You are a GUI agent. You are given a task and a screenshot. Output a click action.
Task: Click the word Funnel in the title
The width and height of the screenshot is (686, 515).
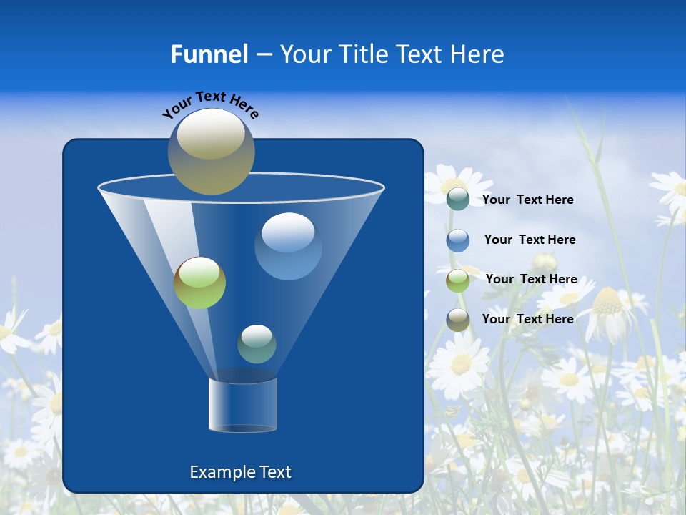209,54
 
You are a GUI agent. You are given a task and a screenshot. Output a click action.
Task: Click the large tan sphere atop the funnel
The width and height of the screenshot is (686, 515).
211,151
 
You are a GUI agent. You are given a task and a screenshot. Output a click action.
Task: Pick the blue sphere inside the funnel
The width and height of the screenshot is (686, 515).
288,245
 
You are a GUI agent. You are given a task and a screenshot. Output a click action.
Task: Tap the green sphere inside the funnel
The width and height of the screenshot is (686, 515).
199,283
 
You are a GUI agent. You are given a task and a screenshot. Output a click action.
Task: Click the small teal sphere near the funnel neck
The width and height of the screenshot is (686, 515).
257,343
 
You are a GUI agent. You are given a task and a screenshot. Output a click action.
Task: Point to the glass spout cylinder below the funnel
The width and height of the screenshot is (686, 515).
242,405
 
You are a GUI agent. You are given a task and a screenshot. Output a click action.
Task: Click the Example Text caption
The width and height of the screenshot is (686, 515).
240,472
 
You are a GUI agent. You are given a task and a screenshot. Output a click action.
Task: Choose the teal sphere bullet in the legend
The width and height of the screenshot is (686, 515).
458,199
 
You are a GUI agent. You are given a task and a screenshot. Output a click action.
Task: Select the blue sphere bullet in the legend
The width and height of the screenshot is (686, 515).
458,240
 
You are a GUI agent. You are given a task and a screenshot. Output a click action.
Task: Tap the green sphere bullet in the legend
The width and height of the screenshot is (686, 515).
458,280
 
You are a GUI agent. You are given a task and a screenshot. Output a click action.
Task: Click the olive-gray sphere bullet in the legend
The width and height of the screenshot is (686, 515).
458,320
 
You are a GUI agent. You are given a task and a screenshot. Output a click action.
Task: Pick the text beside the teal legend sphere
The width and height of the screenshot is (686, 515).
527,200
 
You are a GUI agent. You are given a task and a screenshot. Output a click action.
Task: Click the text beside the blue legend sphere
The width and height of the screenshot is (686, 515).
530,240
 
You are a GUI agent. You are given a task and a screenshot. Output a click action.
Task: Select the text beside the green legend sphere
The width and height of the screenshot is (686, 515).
531,280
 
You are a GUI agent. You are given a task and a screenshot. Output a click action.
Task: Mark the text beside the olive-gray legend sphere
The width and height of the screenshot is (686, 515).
527,319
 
